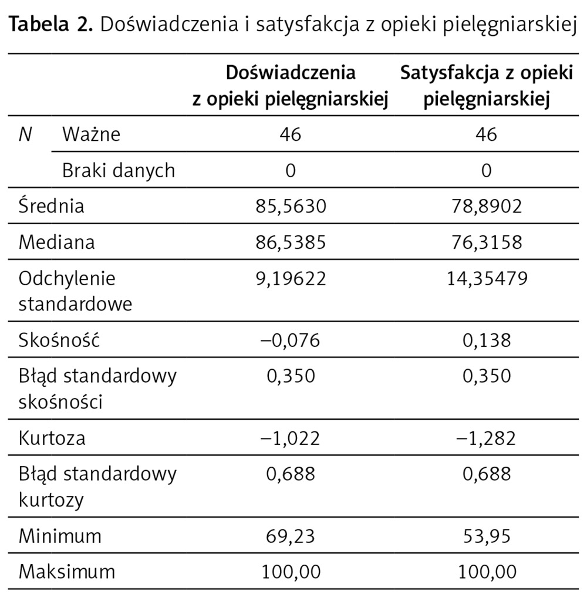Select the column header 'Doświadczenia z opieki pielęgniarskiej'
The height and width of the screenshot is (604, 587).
click(291, 86)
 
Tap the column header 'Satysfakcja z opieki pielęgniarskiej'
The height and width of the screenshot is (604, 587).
click(487, 86)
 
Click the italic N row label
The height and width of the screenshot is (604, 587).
click(25, 134)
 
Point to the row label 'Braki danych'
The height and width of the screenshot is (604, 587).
click(119, 170)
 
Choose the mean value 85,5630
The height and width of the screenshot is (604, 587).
click(291, 206)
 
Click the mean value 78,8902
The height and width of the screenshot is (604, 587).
click(487, 206)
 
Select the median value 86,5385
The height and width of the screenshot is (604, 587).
click(291, 242)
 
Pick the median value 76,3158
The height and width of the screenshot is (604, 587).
click(487, 242)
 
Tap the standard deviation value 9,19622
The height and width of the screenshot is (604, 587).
click(291, 278)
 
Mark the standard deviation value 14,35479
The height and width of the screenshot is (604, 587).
click(487, 278)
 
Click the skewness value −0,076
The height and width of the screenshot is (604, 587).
click(291, 340)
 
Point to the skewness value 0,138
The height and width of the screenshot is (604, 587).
click(487, 340)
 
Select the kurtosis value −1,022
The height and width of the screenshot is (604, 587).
click(291, 438)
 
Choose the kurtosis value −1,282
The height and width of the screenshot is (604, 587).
click(487, 438)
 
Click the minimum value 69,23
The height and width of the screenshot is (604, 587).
click(291, 535)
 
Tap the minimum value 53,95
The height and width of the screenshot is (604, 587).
click(487, 535)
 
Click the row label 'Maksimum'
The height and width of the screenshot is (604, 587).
click(67, 571)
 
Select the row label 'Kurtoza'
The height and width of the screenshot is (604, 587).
click(52, 438)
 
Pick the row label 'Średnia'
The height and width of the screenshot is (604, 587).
click(52, 206)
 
